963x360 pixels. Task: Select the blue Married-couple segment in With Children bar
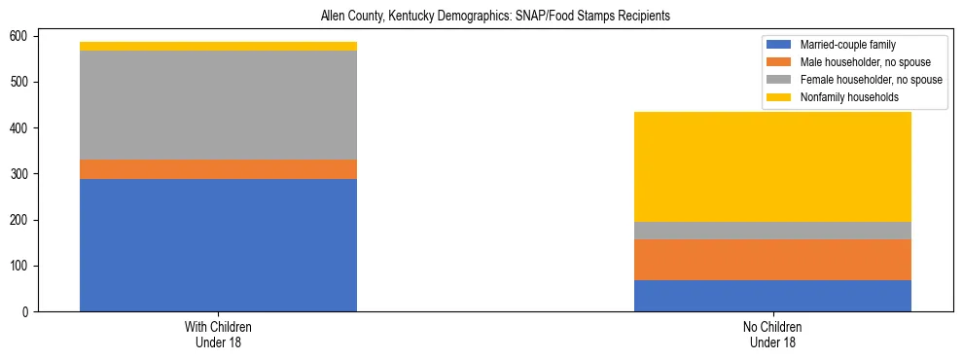point(218,245)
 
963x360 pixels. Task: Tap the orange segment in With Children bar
point(218,169)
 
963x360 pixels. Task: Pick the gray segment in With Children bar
point(218,105)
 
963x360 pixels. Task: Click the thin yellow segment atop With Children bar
point(218,46)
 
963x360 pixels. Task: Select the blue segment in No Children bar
point(772,296)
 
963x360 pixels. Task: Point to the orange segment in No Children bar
point(772,260)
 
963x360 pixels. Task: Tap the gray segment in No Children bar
point(772,231)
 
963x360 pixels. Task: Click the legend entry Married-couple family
point(847,45)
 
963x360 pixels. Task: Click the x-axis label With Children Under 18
point(218,334)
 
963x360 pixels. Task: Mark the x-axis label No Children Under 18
point(772,334)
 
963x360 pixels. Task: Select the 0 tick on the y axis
point(29,312)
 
